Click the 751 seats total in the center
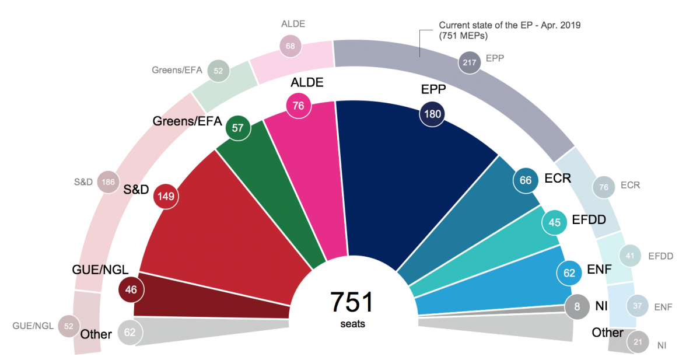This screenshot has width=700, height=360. (x=351, y=303)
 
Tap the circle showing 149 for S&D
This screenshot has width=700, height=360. (x=165, y=197)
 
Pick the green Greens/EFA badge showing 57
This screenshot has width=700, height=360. (x=237, y=128)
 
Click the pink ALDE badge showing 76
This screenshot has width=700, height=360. (x=299, y=106)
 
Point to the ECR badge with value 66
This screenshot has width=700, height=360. (x=526, y=180)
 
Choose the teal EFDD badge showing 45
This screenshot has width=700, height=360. (x=555, y=222)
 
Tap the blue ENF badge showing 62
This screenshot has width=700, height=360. (x=569, y=272)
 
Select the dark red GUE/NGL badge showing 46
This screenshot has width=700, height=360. (x=131, y=289)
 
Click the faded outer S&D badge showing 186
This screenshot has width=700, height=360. (x=108, y=182)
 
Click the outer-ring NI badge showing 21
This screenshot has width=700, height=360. (x=638, y=342)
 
